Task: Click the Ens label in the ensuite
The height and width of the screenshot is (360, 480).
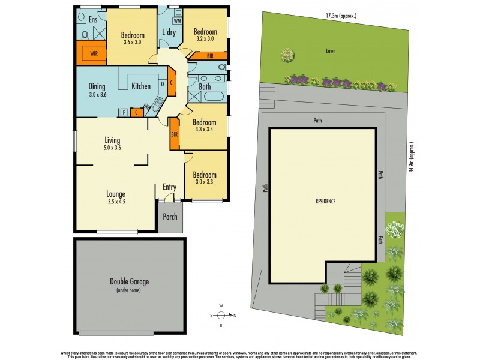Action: [x=92, y=20]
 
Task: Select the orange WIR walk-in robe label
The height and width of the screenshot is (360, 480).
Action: [x=94, y=53]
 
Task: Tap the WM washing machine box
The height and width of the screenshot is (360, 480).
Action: [x=177, y=22]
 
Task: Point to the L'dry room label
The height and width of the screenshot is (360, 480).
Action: [x=169, y=32]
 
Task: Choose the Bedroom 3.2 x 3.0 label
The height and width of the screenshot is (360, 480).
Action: [x=205, y=34]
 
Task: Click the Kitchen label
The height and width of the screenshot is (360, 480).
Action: [x=141, y=86]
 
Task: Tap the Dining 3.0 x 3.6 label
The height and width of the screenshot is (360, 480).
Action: [x=97, y=90]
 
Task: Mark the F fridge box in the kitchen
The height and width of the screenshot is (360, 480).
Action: [x=124, y=112]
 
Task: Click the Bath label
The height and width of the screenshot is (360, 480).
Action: [x=205, y=87]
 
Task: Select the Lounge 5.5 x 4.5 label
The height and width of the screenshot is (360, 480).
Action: [x=115, y=197]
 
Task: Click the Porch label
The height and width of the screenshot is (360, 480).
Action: [x=170, y=217]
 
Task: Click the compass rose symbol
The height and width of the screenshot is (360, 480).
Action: [x=221, y=315]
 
